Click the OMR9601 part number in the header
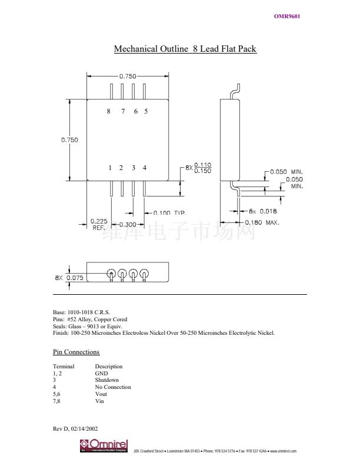point(287,16)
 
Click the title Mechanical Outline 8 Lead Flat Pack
point(185,49)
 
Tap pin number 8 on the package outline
point(108,111)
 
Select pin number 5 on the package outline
point(145,111)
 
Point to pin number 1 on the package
point(110,168)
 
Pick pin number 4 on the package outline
point(145,168)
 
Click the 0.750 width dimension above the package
point(128,76)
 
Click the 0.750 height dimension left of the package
point(69,140)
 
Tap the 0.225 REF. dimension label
point(98,224)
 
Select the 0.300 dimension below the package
point(128,225)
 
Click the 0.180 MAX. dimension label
point(262,222)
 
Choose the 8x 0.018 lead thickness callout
point(262,211)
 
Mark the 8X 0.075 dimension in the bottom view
point(69,278)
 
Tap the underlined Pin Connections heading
point(76,352)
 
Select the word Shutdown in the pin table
point(106,380)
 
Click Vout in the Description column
point(101,394)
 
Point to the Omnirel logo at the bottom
point(104,446)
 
